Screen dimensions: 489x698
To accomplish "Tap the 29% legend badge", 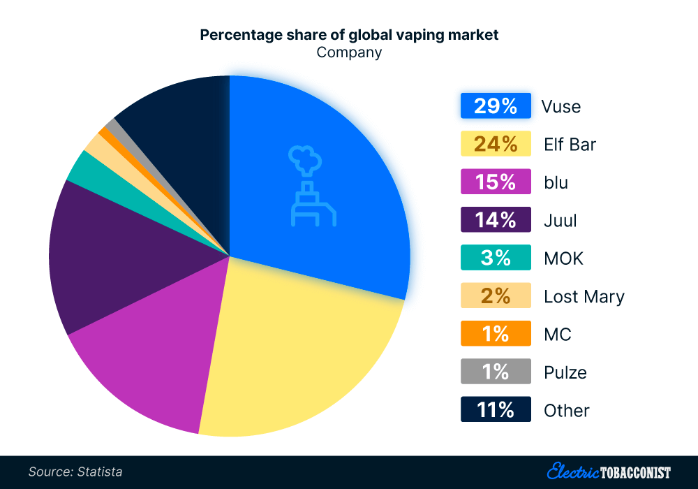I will pyautogui.click(x=496, y=106).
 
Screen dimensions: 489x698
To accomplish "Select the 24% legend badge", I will pyautogui.click(x=496, y=145).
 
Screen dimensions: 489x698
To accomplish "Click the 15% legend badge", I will pyautogui.click(x=496, y=182).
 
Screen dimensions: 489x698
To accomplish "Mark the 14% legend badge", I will pyautogui.click(x=496, y=221).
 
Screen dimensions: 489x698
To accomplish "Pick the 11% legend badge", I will pyautogui.click(x=496, y=410).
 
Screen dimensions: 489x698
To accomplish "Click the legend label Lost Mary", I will pyautogui.click(x=584, y=297).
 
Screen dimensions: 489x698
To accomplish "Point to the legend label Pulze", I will pyautogui.click(x=565, y=372).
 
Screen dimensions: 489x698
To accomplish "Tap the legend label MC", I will pyautogui.click(x=557, y=335).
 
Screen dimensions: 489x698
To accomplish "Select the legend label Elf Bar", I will pyautogui.click(x=570, y=145).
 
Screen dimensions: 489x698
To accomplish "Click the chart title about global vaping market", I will pyautogui.click(x=349, y=35).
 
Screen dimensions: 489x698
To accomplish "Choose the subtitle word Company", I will pyautogui.click(x=349, y=52).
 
